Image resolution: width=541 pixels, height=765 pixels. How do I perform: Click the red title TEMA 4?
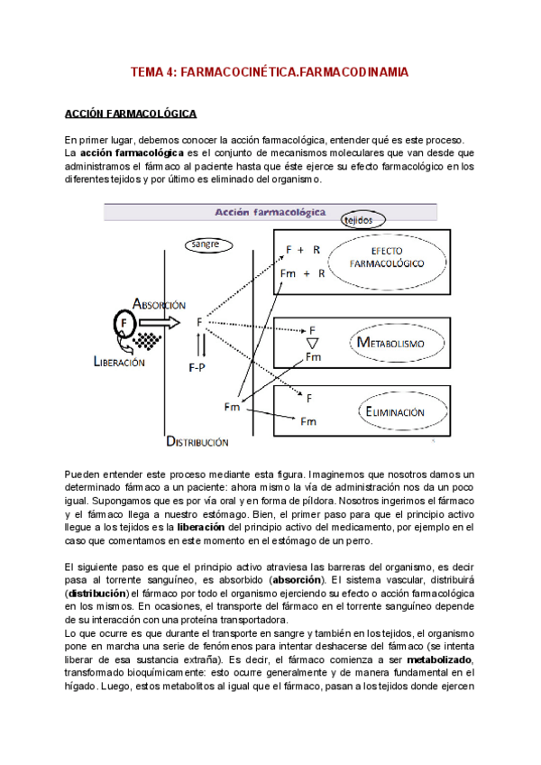pyautogui.click(x=270, y=70)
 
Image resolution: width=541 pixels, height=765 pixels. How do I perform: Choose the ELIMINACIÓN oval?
pyautogui.click(x=394, y=411)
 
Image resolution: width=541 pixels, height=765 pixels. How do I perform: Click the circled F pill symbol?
pyautogui.click(x=124, y=321)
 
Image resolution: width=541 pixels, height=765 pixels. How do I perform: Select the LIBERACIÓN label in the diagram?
pyautogui.click(x=118, y=362)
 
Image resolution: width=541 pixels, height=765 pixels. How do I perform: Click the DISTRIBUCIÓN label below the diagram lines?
pyautogui.click(x=197, y=441)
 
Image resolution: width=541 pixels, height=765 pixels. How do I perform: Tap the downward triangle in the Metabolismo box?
pyautogui.click(x=311, y=344)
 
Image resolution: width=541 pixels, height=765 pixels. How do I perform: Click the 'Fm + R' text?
pyautogui.click(x=302, y=273)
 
